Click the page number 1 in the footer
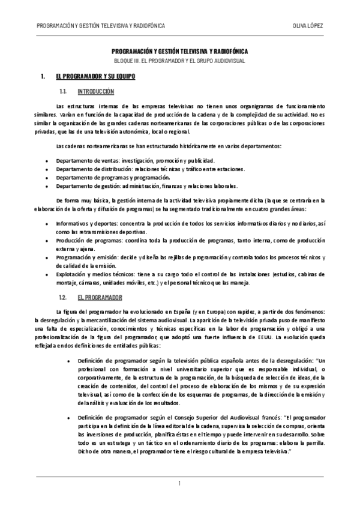click(x=179, y=484)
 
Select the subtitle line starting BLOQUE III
click(x=179, y=61)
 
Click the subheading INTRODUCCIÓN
click(x=96, y=92)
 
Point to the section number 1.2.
click(x=62, y=298)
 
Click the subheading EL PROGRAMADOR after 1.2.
click(x=100, y=298)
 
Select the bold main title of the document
click(x=179, y=53)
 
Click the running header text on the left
click(x=101, y=26)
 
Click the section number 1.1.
click(x=62, y=92)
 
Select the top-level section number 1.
click(x=43, y=77)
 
